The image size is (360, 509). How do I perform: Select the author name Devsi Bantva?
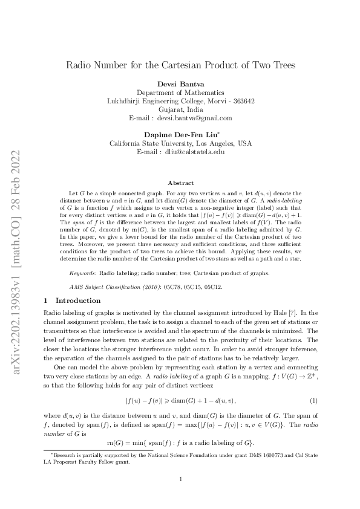[180, 83]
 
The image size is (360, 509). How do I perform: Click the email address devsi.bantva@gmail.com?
[198, 118]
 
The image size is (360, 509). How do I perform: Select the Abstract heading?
[180, 183]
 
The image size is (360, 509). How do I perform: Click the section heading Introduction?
[78, 300]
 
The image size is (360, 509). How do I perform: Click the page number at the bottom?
[180, 479]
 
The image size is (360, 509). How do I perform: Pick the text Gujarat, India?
[180, 109]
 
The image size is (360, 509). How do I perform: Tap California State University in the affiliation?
[151, 144]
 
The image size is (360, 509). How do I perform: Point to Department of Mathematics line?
[180, 92]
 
